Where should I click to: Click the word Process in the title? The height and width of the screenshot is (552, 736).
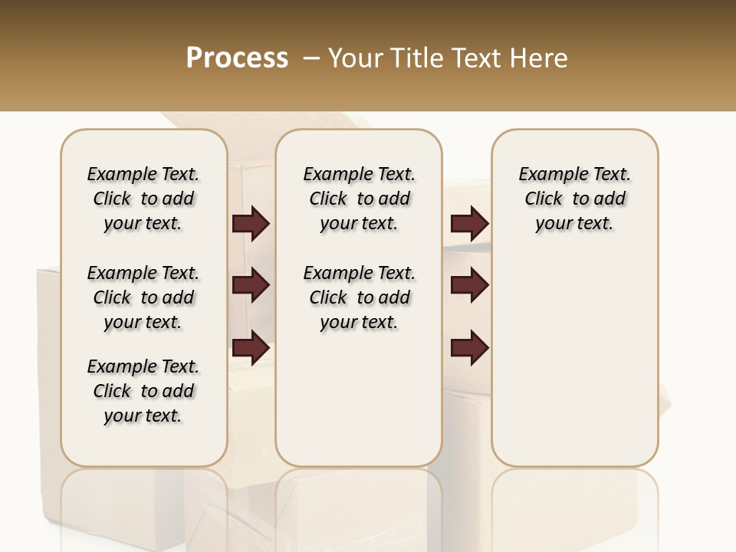point(237,58)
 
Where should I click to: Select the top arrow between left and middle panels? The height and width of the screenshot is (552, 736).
point(251,224)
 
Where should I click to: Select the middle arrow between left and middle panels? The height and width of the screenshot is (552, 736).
point(251,285)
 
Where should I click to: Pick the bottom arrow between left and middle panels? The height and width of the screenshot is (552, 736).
point(251,347)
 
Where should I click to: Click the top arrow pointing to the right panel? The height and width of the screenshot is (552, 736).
point(469,224)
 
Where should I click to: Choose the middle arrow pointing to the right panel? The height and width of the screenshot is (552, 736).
point(469,285)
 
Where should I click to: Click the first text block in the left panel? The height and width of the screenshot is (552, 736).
point(143,199)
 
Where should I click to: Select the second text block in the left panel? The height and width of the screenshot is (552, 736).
point(143,297)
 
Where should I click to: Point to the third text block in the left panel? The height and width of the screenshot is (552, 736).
point(143,391)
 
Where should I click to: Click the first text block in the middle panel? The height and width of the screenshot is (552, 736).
point(359,199)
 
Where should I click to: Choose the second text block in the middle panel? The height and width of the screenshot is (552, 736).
point(359,297)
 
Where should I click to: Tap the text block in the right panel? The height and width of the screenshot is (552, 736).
point(574,199)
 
